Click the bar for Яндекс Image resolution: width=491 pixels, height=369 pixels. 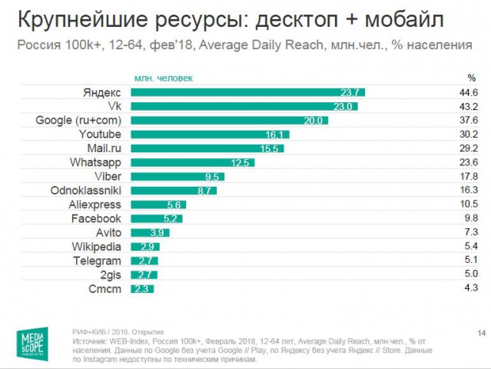(x=247, y=93)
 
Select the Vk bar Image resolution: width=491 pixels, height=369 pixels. (x=245, y=107)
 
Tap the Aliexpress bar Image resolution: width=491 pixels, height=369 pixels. (x=158, y=204)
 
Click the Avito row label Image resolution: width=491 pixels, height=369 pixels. (x=111, y=232)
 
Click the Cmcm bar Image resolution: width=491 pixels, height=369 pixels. (x=143, y=288)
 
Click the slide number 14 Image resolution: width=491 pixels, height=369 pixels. (x=471, y=333)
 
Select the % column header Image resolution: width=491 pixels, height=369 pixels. (x=472, y=78)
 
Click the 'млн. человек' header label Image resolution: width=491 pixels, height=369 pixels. (x=164, y=78)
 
